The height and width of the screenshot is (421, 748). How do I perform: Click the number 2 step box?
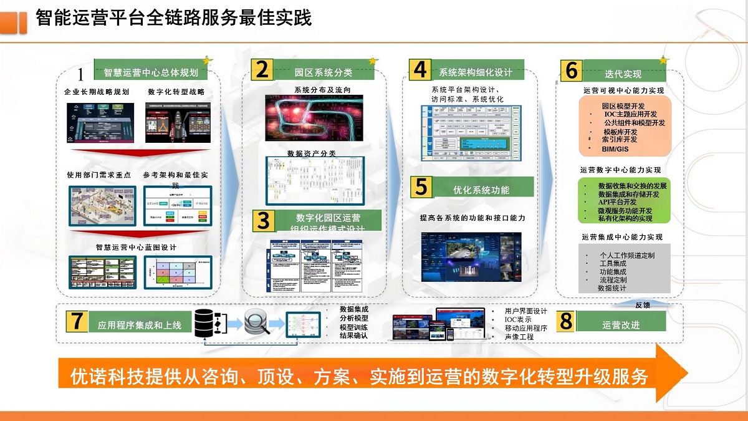click(262, 70)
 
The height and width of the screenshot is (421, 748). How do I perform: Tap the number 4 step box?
click(421, 70)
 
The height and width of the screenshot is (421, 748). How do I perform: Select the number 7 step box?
click(77, 321)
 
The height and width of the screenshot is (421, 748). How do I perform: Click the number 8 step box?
click(566, 322)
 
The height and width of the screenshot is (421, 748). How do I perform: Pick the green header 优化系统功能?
click(481, 190)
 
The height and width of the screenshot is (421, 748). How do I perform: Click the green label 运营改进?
click(621, 325)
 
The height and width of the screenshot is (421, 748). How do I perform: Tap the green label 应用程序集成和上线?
click(140, 325)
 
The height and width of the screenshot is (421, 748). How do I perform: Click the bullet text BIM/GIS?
click(615, 150)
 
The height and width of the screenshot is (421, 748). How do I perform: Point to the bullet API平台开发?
click(617, 202)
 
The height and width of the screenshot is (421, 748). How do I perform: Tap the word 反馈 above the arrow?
click(643, 305)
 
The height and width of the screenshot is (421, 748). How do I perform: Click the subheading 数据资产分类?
click(311, 153)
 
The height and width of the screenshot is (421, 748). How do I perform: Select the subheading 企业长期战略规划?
click(97, 92)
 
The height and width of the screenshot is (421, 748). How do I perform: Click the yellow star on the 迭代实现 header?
click(663, 60)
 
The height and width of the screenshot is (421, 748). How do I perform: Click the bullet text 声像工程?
click(519, 337)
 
